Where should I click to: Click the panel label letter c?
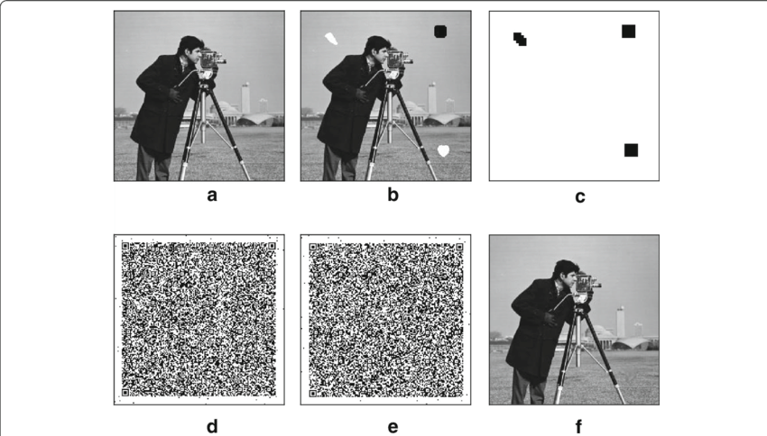pos(579,196)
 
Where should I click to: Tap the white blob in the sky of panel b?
pos(332,39)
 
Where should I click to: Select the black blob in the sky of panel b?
pos(439,31)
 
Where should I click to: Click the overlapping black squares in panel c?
pos(520,39)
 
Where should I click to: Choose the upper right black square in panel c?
pos(628,32)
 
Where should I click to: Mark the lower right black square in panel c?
pos(631,150)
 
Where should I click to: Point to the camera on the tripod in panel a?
pos(211,61)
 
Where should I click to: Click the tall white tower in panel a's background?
pos(245,97)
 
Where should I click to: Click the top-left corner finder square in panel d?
pos(127,245)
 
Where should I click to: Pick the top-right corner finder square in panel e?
pos(458,245)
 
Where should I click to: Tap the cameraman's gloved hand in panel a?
pos(175,92)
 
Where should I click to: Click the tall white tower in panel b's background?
pos(432,97)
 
